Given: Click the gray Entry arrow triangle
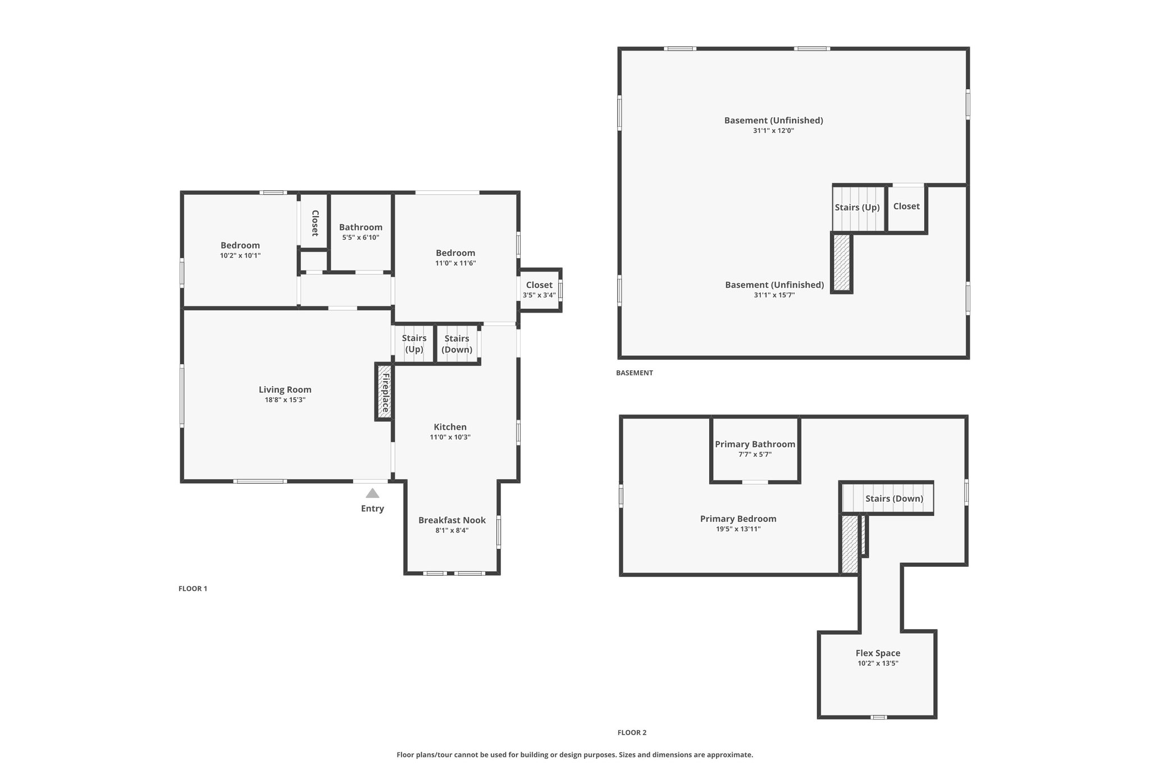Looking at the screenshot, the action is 372,493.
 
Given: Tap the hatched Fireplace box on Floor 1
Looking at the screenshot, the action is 385,392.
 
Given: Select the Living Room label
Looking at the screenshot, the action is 285,389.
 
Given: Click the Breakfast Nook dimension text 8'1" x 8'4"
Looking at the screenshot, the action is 452,530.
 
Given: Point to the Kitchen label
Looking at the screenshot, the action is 450,427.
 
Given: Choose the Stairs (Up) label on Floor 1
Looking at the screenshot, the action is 414,343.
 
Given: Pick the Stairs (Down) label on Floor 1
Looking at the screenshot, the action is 457,344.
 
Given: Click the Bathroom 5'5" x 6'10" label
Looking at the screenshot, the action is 361,232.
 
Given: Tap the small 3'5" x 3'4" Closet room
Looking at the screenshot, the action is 540,290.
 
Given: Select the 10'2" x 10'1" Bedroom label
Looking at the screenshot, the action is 240,250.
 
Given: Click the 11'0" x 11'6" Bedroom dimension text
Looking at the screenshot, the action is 456,263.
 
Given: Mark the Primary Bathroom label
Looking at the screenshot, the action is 755,444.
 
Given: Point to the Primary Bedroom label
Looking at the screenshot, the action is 738,519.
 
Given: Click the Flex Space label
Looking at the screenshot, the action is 878,653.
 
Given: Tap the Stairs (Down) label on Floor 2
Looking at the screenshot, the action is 895,499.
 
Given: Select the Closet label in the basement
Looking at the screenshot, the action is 907,207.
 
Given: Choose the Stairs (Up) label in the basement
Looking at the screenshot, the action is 857,208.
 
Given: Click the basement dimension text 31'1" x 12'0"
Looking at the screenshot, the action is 774,131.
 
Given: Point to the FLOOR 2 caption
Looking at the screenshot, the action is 632,732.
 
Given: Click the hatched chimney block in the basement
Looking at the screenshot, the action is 842,263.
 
